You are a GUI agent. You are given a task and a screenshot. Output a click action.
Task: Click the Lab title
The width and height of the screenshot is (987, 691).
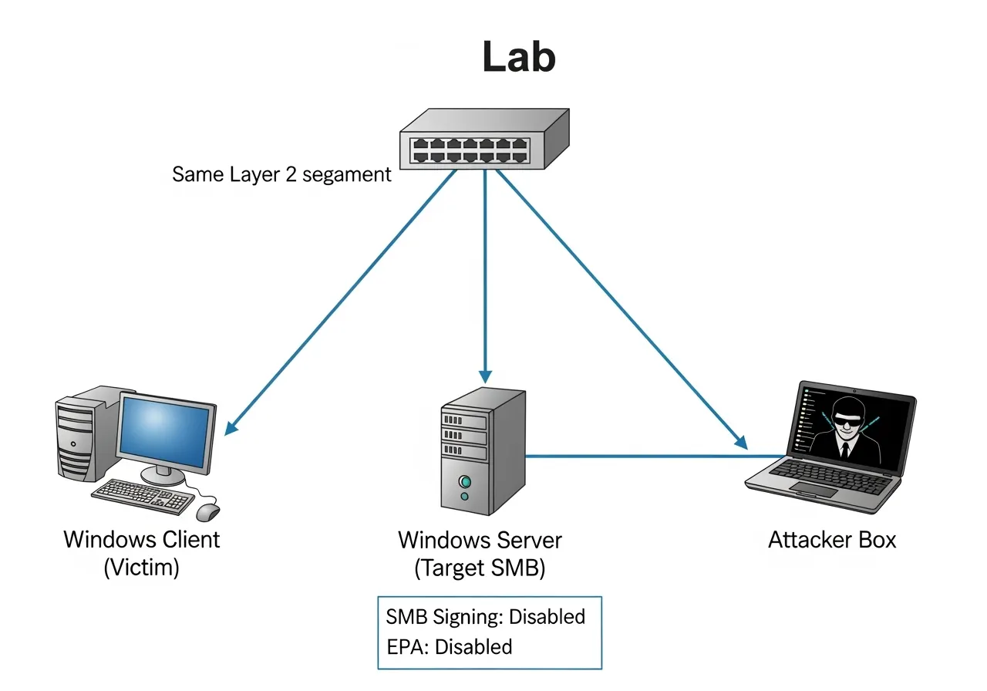[519, 57]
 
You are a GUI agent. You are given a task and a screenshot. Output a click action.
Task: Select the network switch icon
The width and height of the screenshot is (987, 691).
[484, 139]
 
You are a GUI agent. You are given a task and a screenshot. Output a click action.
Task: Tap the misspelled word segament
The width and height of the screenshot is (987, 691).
[347, 174]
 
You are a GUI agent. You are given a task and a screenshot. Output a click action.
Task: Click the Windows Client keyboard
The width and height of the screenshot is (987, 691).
[143, 496]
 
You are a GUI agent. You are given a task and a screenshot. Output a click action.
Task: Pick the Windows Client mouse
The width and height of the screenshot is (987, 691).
[207, 511]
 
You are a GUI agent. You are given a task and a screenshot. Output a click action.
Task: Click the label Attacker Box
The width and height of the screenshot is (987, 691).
[832, 539]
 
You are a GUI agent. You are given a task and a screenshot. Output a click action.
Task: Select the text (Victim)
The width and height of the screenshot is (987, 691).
[141, 568]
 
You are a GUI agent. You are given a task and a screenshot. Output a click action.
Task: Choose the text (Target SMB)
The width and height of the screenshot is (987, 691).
[480, 568]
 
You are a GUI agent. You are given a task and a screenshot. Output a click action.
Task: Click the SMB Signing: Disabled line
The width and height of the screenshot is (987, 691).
[485, 617]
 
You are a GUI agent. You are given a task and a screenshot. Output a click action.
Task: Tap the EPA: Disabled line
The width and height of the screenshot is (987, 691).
[449, 646]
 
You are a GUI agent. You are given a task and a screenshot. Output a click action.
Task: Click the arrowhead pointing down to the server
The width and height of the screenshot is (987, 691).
[485, 376]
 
